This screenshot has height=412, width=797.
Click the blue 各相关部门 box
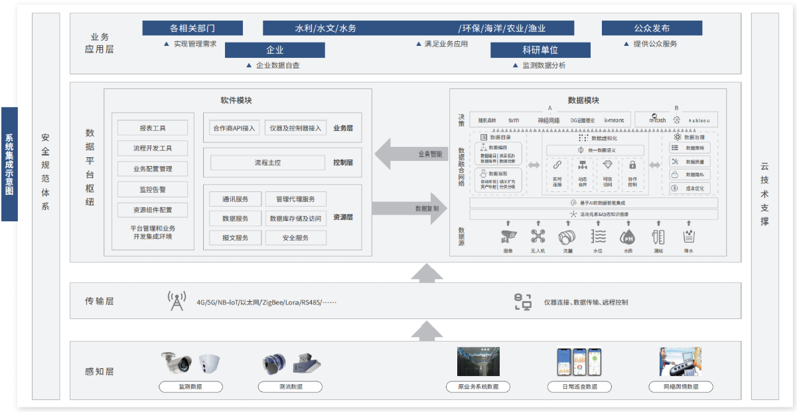pyautogui.click(x=192, y=28)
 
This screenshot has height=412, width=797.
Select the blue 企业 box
pyautogui.click(x=275, y=50)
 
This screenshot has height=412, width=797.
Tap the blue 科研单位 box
pyautogui.click(x=540, y=50)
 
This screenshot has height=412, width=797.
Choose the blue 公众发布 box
pyautogui.click(x=652, y=28)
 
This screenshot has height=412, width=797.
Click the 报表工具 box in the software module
pyautogui.click(x=153, y=128)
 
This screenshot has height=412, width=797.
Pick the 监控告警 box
pyautogui.click(x=153, y=189)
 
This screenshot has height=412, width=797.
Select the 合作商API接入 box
pyautogui.click(x=234, y=128)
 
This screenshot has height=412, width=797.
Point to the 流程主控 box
pyautogui.click(x=267, y=162)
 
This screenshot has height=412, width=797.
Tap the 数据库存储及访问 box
pyautogui.click(x=295, y=218)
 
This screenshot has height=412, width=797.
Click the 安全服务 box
pyautogui.click(x=295, y=237)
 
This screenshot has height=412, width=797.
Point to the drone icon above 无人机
pyautogui.click(x=538, y=236)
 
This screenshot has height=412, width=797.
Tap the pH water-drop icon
pyautogui.click(x=627, y=237)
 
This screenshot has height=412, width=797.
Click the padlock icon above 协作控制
pyautogui.click(x=632, y=165)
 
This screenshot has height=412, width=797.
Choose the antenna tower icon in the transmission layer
pyautogui.click(x=176, y=301)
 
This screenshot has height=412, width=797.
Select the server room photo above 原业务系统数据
pyautogui.click(x=478, y=362)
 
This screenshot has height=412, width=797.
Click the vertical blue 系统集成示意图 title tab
pyautogui.click(x=9, y=163)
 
